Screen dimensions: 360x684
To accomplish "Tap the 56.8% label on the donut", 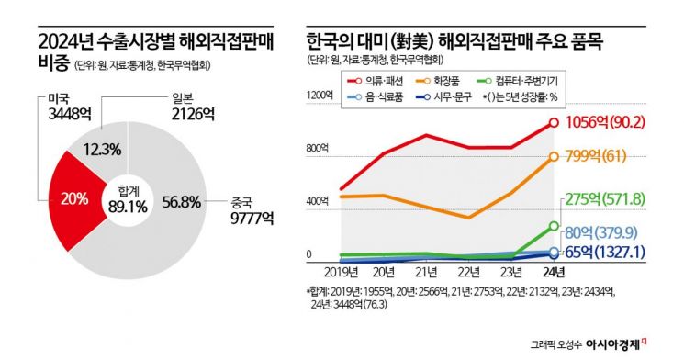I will point(180,202).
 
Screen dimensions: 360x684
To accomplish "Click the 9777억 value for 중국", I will point(248,219).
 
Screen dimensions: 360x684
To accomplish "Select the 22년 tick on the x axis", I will point(468,273).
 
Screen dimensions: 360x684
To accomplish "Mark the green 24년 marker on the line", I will point(554,226).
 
